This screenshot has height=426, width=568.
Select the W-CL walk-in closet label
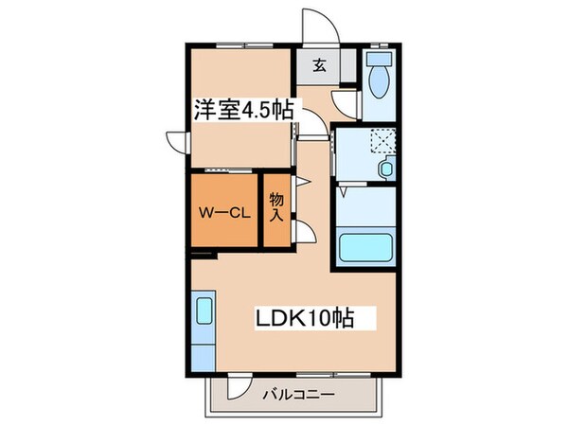coord(223,213)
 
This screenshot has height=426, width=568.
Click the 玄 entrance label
coord(320,65)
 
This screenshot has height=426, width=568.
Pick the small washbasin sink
coord(385,169)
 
